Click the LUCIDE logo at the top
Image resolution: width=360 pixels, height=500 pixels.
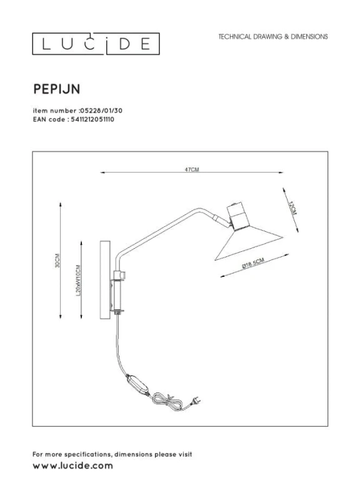(96, 44)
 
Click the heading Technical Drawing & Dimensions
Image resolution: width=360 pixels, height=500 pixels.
(273, 37)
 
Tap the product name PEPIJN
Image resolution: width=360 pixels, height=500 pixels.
(56, 89)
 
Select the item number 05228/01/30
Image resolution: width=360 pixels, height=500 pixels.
(101, 111)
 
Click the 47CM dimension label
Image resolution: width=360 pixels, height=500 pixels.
(192, 169)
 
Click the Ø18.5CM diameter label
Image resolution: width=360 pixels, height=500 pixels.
(253, 263)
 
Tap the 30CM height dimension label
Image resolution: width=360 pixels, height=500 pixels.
(57, 261)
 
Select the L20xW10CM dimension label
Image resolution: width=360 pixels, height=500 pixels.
(79, 280)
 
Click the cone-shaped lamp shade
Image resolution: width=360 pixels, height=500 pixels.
(249, 243)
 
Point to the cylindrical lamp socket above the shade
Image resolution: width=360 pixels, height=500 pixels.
(236, 216)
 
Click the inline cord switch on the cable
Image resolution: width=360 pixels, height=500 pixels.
(137, 385)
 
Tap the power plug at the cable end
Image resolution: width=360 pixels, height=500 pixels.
(196, 401)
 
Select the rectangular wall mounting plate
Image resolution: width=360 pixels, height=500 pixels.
(105, 279)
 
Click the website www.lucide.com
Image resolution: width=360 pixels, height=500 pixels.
(72, 466)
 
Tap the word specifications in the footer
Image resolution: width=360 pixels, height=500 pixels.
(87, 454)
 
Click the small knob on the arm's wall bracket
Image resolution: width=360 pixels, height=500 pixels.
(123, 275)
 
